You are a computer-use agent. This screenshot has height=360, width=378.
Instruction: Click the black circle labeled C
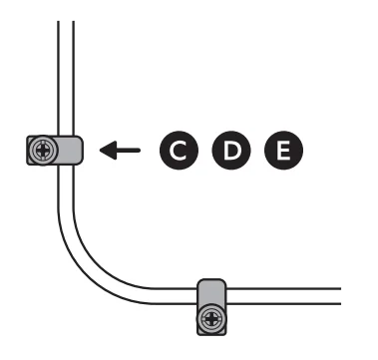tap(178, 152)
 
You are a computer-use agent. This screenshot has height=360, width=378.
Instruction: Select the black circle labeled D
tap(232, 152)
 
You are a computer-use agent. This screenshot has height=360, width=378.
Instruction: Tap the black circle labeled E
tap(283, 152)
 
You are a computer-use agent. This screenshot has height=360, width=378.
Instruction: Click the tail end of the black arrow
tap(140, 152)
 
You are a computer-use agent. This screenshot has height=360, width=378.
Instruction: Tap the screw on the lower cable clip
tap(211, 320)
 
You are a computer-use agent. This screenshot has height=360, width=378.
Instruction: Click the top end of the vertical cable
tap(66, 22)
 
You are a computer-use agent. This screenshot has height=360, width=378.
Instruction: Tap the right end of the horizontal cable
tap(339, 295)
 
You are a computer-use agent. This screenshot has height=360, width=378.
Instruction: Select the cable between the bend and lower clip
tap(160, 295)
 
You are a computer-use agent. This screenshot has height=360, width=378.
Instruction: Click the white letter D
tap(232, 152)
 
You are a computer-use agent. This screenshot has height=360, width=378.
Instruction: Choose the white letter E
tap(283, 152)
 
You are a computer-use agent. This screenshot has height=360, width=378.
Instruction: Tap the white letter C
tap(178, 152)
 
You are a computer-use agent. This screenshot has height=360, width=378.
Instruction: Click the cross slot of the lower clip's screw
tap(211, 320)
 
